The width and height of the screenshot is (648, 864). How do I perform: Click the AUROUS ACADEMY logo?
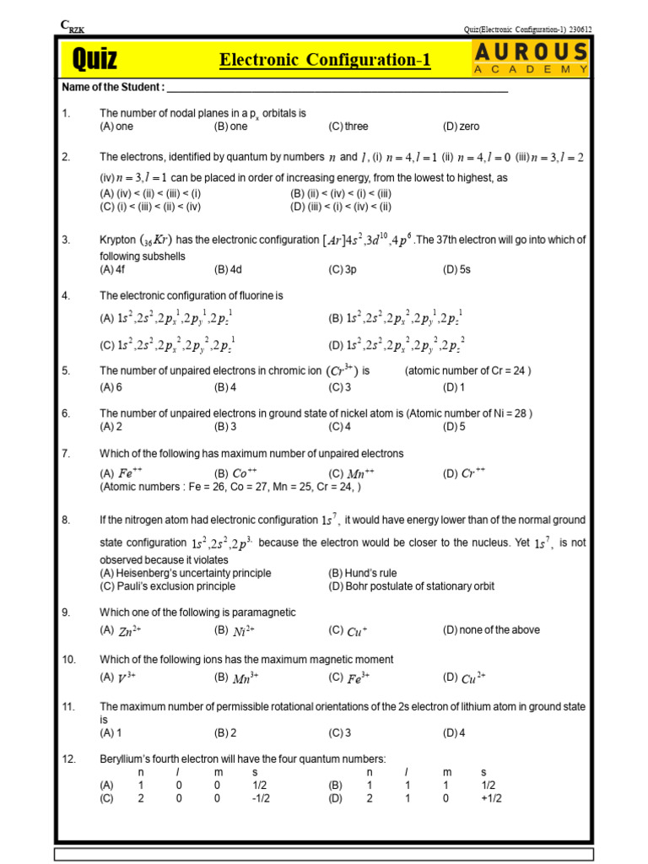coord(531,59)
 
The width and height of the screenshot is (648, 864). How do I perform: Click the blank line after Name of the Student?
coord(337,89)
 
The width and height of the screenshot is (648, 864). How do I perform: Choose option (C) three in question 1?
coord(348,127)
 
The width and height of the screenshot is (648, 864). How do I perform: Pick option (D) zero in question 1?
coord(461,127)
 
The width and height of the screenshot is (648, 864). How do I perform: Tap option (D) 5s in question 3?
coord(458,270)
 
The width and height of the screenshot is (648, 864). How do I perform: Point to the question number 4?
coord(66,296)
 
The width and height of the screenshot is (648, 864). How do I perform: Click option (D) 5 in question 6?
coord(454,427)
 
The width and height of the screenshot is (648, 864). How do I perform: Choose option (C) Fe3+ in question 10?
coord(349,678)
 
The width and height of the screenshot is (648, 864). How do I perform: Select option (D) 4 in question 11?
coord(454,733)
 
